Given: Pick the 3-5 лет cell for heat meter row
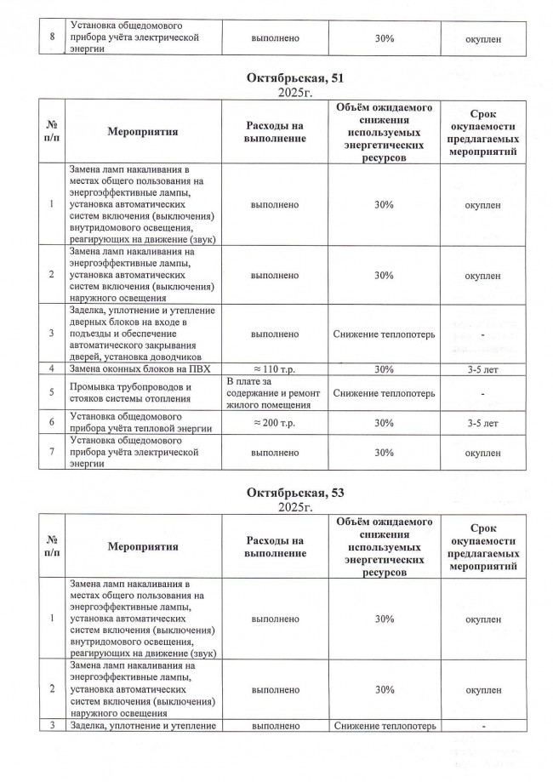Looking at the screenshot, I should tap(483, 422).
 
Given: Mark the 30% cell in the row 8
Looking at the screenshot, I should tap(383, 38).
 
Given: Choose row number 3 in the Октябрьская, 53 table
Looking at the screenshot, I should tap(52, 725).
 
